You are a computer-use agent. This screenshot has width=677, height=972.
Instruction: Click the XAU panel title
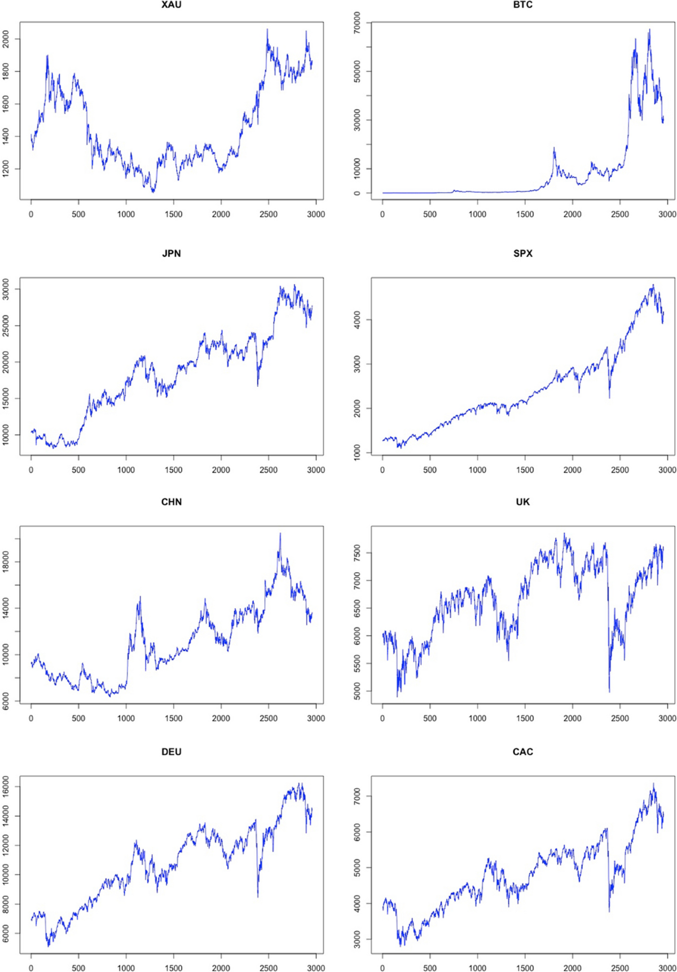pyautogui.click(x=171, y=5)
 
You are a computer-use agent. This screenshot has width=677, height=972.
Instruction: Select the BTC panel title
pyautogui.click(x=522, y=5)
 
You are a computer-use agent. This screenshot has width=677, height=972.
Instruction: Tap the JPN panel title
pyautogui.click(x=171, y=254)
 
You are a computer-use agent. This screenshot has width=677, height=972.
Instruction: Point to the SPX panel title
pyautogui.click(x=522, y=254)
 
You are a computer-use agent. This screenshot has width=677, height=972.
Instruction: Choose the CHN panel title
pyautogui.click(x=171, y=502)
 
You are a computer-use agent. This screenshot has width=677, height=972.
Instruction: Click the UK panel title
pyautogui.click(x=522, y=502)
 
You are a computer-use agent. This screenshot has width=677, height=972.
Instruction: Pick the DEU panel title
pyautogui.click(x=171, y=752)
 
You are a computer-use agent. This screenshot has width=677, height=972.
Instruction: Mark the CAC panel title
pyautogui.click(x=522, y=752)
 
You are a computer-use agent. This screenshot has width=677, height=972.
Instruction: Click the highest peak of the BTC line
pyautogui.click(x=649, y=29)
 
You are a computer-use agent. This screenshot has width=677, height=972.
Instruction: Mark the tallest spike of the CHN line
pyautogui.click(x=280, y=533)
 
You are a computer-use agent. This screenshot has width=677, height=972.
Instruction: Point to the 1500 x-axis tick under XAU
pyautogui.click(x=174, y=214)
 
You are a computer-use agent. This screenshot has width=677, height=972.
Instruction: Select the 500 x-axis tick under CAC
pyautogui.click(x=430, y=968)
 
